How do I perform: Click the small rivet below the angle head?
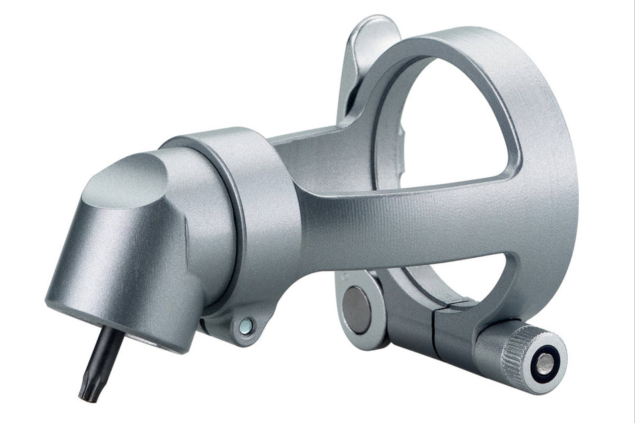(246, 325)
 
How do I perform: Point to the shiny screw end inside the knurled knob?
(545, 364)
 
